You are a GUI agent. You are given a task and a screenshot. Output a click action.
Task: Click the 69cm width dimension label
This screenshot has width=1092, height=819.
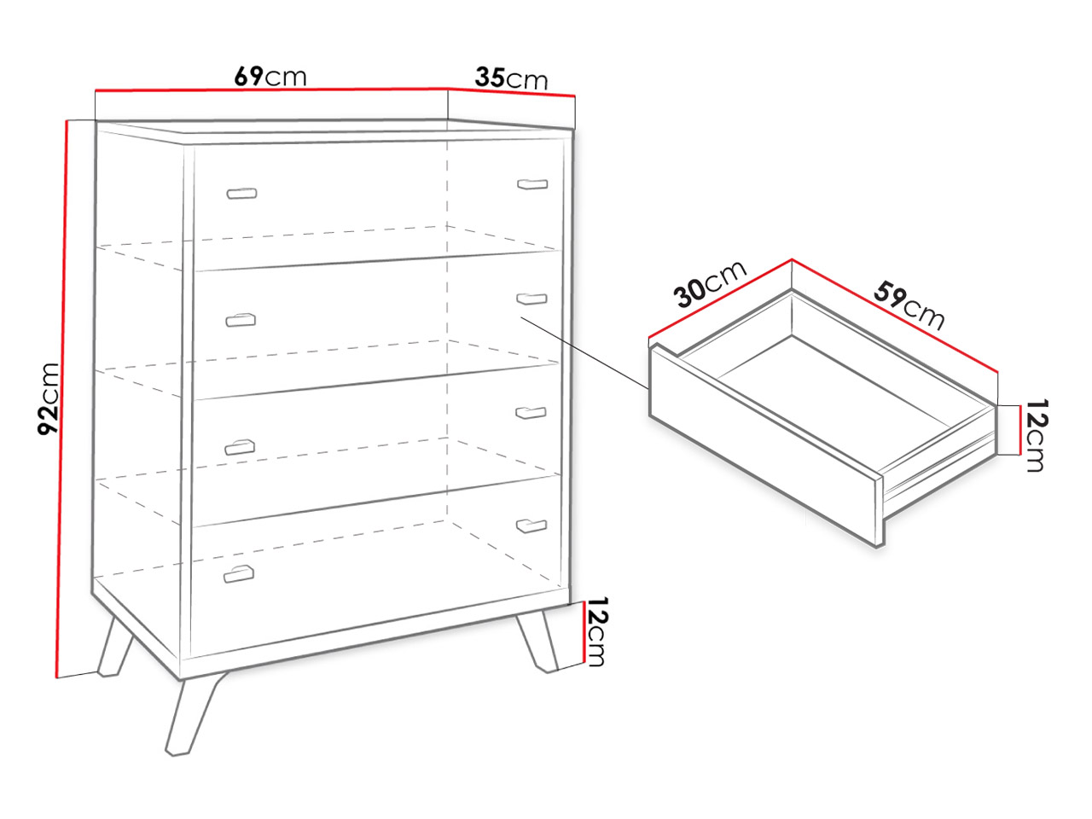(x=270, y=76)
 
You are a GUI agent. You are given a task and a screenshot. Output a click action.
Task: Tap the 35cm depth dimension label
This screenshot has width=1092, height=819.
(x=511, y=78)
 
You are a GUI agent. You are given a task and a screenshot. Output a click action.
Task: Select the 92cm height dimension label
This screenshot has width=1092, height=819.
(x=49, y=398)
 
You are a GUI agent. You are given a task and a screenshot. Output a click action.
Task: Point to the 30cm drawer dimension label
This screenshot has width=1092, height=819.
(x=710, y=283)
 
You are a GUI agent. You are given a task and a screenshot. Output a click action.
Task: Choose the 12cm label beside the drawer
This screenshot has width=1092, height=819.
(x=1037, y=434)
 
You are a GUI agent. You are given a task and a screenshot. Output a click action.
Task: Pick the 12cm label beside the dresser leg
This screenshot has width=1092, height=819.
(x=596, y=631)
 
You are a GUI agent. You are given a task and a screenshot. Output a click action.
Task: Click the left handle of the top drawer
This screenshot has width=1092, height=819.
(x=241, y=193)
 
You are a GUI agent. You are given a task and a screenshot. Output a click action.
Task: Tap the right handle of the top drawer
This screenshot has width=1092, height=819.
(x=532, y=184)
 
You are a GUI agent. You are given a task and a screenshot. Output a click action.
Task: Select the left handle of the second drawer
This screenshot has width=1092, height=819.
(x=241, y=320)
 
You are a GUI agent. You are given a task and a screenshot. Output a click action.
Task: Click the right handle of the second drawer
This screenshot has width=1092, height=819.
(x=531, y=299)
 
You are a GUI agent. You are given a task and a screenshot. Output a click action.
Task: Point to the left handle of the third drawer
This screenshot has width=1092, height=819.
(x=240, y=448)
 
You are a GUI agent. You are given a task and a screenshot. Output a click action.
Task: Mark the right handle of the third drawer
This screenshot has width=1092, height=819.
(x=531, y=413)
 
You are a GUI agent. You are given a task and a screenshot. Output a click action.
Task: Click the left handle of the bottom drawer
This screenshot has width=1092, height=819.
(x=239, y=574)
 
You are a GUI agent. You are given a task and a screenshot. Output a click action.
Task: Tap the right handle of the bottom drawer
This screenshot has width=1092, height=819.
(x=531, y=526)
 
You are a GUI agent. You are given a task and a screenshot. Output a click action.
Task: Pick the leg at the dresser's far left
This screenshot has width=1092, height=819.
(x=114, y=647)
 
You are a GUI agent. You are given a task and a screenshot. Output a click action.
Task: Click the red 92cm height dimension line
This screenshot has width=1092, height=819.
(x=61, y=398)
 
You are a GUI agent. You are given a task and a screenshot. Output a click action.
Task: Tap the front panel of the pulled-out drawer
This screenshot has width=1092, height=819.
(x=765, y=445)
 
